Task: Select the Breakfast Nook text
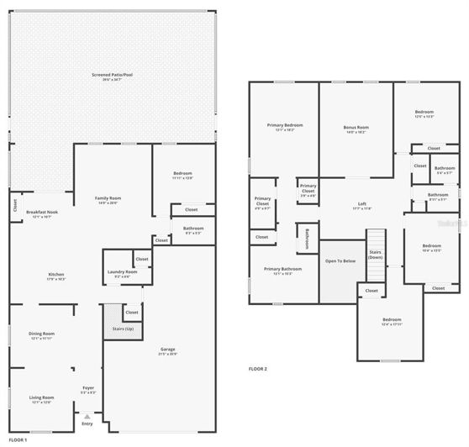[41, 213]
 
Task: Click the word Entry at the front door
[87, 423]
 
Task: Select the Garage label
[168, 350]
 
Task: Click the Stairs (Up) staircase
[123, 329]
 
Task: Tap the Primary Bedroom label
[285, 127]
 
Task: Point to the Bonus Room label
[356, 129]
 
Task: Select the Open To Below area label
[340, 261]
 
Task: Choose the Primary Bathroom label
[283, 271]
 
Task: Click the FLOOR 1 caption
[18, 439]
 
